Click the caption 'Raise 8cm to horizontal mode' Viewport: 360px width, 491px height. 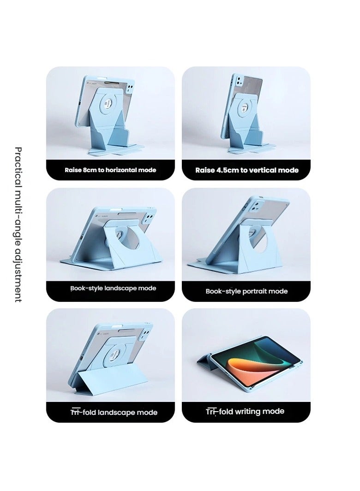(110, 170)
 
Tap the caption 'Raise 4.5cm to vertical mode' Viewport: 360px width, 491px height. (246, 170)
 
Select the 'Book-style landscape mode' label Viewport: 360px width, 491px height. (110, 288)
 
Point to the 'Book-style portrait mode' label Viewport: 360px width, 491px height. (246, 291)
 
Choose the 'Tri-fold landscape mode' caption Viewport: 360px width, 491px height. (110, 412)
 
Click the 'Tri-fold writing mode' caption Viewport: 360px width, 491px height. (245, 411)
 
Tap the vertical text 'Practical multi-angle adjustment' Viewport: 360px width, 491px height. (18, 224)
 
